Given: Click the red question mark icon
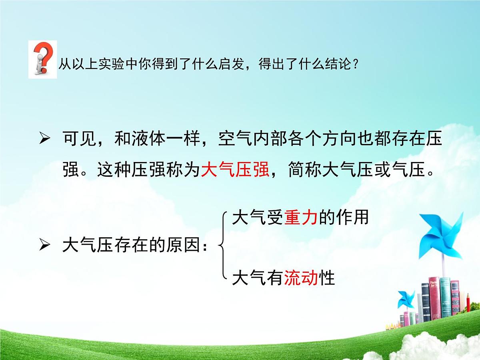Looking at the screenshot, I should [42, 58].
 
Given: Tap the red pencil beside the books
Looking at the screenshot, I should [468, 302].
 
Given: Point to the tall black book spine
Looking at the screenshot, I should [426, 302].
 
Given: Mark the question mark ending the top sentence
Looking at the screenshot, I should [353, 64].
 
